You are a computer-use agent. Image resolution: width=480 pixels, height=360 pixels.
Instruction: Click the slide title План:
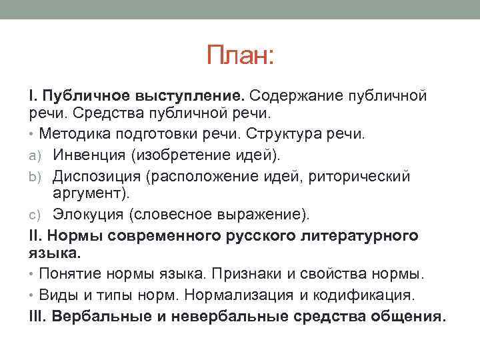(x=241, y=55)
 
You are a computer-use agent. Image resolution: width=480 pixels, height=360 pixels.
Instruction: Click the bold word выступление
(x=189, y=95)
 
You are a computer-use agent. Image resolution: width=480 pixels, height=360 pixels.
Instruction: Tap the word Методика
(x=75, y=134)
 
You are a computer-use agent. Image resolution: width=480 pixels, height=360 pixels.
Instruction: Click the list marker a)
(x=35, y=156)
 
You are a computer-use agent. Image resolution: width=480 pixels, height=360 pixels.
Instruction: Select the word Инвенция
(x=89, y=155)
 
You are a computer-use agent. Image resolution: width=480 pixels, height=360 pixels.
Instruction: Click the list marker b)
(x=35, y=177)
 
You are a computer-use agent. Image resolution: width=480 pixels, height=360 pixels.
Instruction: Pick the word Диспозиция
(x=97, y=177)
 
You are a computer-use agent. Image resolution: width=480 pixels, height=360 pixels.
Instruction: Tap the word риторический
(x=359, y=177)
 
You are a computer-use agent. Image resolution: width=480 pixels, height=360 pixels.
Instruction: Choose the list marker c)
(x=35, y=215)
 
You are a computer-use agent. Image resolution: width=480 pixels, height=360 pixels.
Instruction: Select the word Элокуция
(x=88, y=214)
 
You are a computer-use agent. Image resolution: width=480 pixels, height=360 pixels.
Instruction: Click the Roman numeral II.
(x=35, y=236)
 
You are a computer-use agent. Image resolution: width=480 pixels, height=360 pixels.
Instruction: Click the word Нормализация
(x=239, y=295)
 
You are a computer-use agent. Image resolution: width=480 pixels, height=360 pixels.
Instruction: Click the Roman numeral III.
(x=37, y=316)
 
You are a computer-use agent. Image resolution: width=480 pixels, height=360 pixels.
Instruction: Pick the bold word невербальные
(x=229, y=317)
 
